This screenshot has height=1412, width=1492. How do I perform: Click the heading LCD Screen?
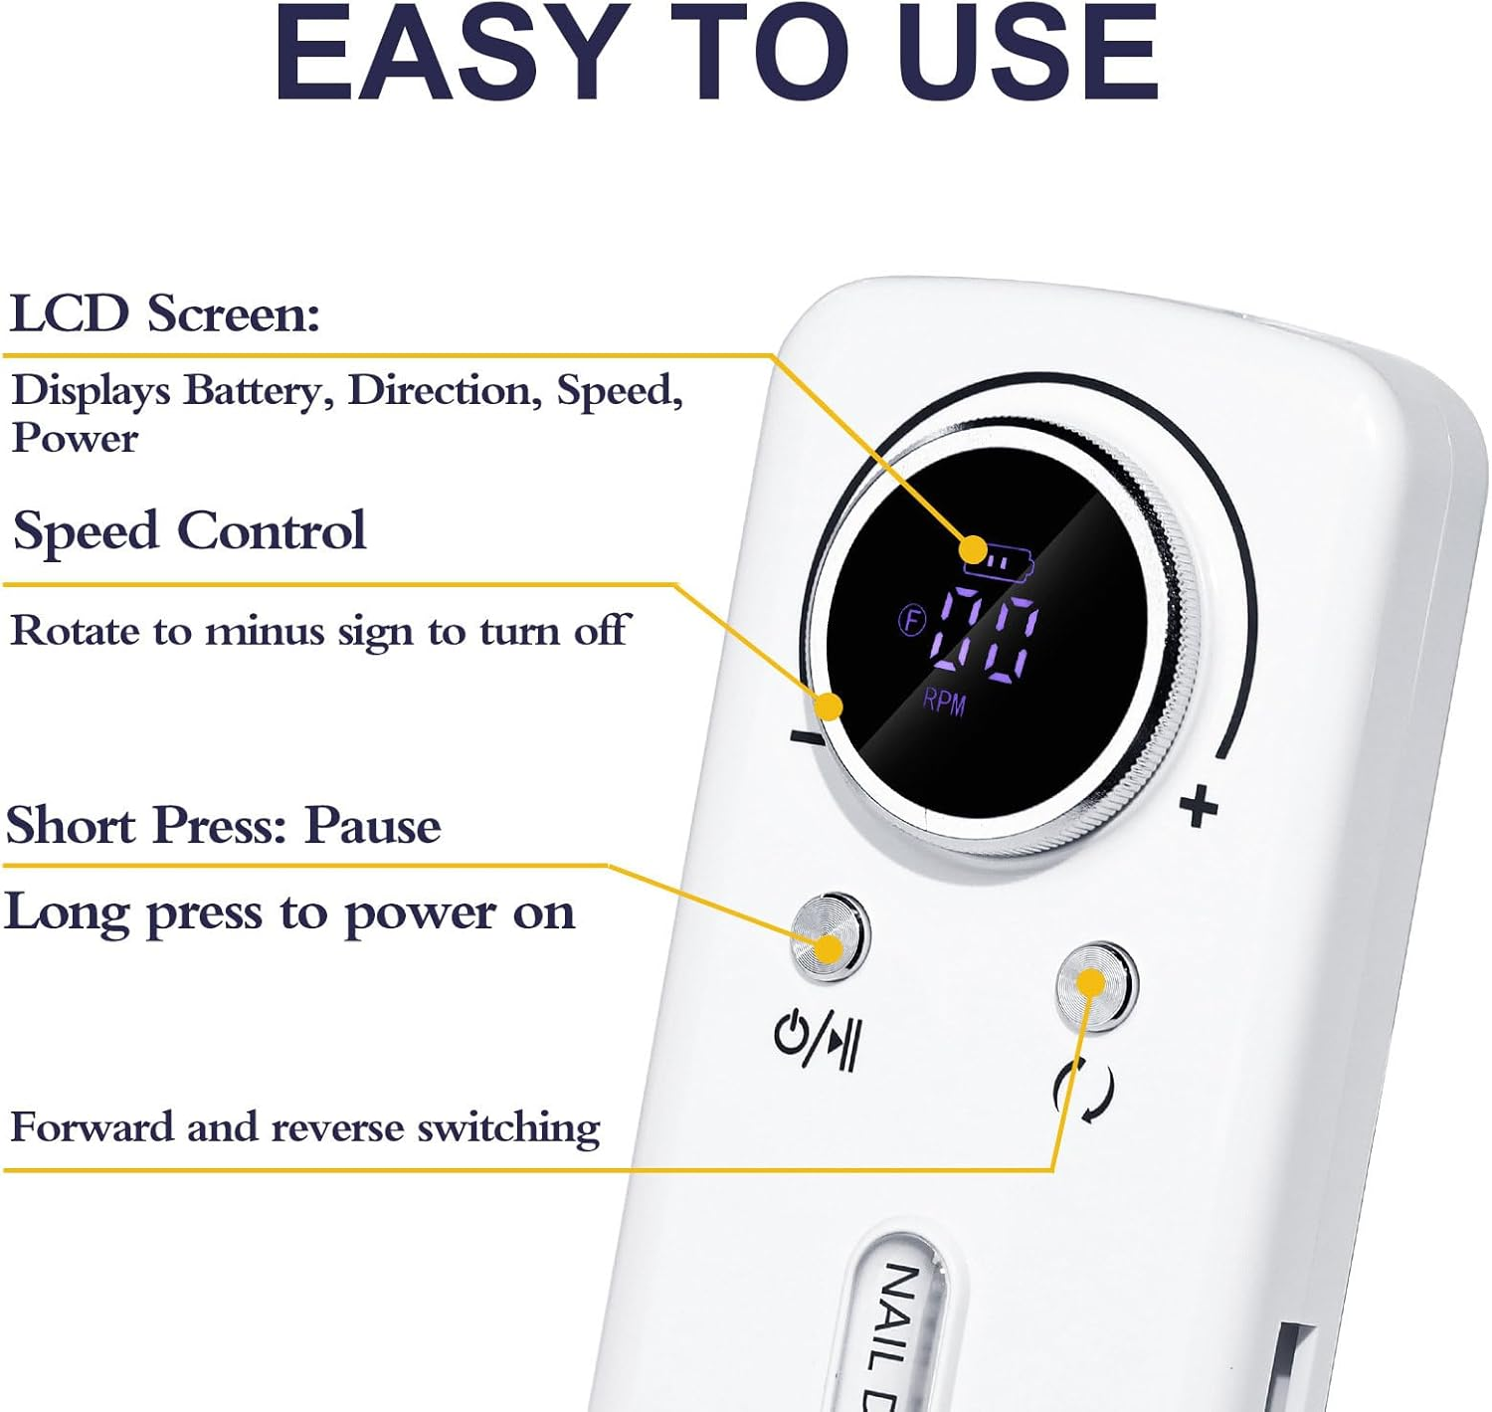pyautogui.click(x=165, y=312)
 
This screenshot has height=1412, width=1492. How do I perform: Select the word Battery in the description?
pyautogui.click(x=258, y=392)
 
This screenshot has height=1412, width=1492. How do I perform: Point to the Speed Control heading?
pyautogui.click(x=190, y=530)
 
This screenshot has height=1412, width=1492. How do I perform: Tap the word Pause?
pyautogui.click(x=373, y=825)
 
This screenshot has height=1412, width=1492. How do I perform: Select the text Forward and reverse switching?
pyautogui.click(x=305, y=1128)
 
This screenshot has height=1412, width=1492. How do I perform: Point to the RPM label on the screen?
pyautogui.click(x=944, y=703)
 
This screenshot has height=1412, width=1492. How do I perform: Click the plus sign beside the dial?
pyautogui.click(x=1199, y=807)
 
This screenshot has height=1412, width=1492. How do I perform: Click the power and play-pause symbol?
pyautogui.click(x=818, y=1039)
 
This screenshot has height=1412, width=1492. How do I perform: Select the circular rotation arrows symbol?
pyautogui.click(x=1084, y=1091)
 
